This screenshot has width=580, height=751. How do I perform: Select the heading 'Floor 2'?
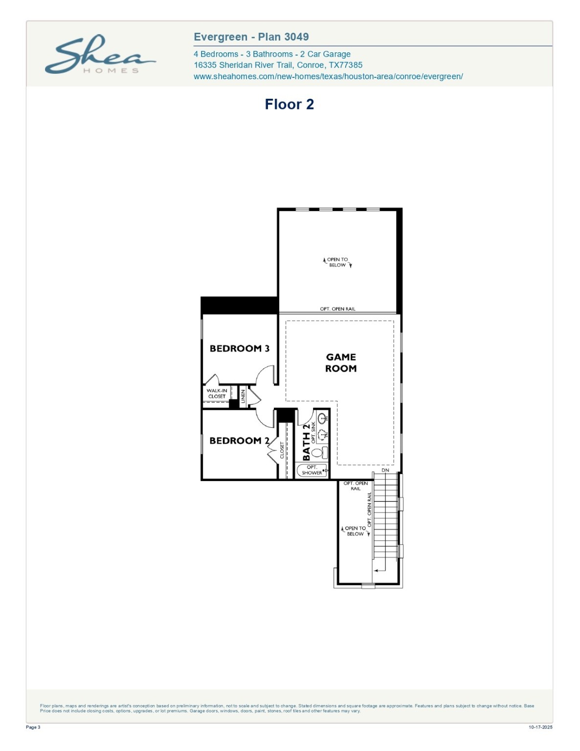click(289, 104)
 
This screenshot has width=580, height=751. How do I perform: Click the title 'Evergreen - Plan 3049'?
click(251, 37)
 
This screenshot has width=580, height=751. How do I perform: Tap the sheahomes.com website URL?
click(328, 76)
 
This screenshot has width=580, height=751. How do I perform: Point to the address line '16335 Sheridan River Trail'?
click(278, 65)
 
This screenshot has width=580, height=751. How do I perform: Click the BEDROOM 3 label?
click(239, 349)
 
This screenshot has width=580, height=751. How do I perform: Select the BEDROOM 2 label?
click(239, 441)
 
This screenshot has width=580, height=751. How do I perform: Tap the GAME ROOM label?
click(341, 363)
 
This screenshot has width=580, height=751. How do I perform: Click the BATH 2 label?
click(306, 442)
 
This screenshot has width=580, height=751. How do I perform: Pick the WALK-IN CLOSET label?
click(217, 394)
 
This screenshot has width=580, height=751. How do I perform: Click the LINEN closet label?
click(243, 396)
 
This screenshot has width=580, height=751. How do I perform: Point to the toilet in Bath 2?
click(318, 452)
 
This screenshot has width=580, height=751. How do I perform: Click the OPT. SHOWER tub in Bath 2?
click(312, 470)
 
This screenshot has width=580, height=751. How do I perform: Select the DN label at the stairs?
click(385, 470)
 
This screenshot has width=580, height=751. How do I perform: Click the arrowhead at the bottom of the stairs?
click(376, 570)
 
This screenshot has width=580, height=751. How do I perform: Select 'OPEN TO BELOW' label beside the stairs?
click(355, 531)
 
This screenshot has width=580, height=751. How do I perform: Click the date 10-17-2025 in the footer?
click(540, 727)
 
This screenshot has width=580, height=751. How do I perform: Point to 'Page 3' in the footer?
click(33, 727)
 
